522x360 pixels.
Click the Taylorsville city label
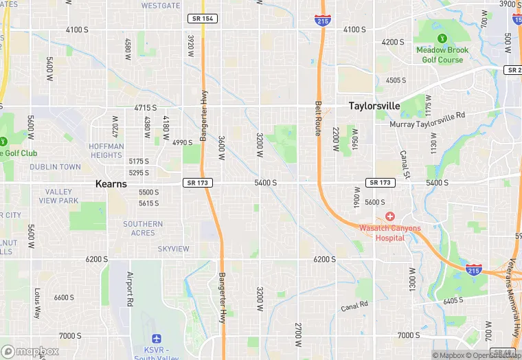point(374,106)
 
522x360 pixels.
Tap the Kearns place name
point(111,184)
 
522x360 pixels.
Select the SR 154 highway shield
point(202,19)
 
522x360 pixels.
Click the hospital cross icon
point(389,216)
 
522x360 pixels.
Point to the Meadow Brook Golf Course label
point(440,55)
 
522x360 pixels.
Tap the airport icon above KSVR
point(157,339)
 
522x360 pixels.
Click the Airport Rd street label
point(130,289)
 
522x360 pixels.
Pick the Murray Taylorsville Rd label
point(427,120)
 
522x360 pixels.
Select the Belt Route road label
point(318,118)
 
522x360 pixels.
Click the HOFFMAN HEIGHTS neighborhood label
point(106,150)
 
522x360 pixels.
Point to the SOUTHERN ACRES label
point(143,228)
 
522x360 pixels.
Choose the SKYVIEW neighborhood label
point(173,248)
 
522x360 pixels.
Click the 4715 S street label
point(145,108)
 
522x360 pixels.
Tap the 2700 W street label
point(298,334)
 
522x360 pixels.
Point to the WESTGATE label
point(161,5)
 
